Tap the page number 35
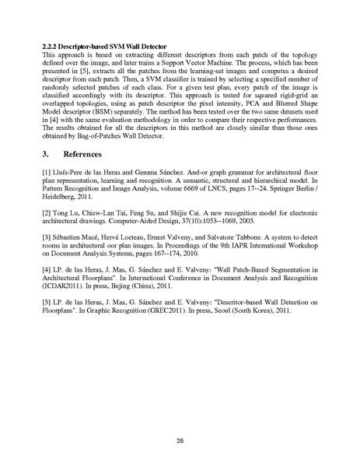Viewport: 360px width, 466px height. pos(180,420)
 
